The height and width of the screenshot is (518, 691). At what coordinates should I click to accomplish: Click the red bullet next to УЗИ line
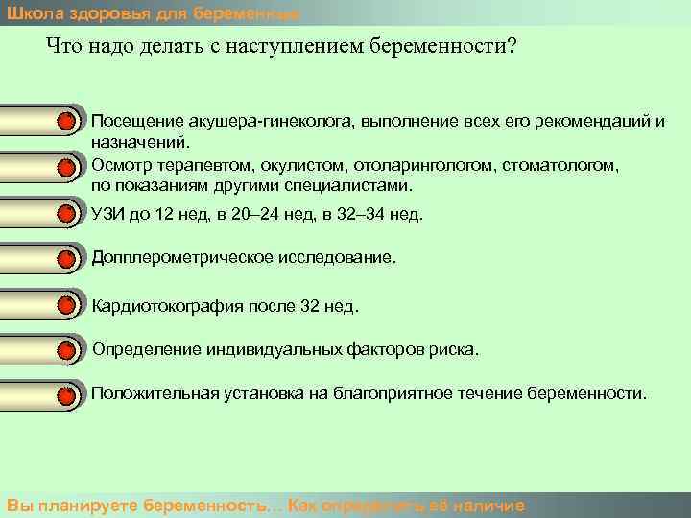tap(65, 214)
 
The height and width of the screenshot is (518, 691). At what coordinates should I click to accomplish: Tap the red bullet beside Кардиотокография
tap(65, 307)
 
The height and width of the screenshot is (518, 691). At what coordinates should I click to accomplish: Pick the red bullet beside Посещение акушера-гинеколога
tap(65, 122)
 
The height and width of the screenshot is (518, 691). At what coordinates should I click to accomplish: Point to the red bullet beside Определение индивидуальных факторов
tap(65, 351)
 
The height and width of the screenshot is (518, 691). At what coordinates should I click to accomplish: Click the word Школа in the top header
tap(29, 12)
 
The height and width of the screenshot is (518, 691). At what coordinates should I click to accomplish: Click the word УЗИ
tap(107, 214)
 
